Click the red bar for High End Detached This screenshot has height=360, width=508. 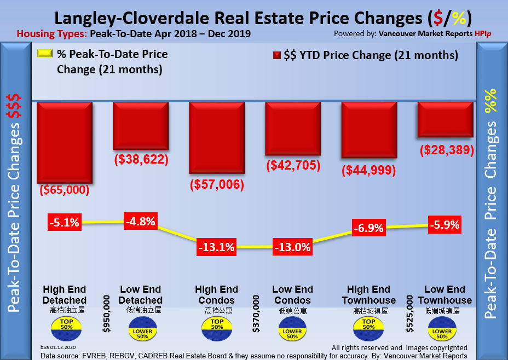[x=65, y=143]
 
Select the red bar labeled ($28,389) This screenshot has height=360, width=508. [x=446, y=120]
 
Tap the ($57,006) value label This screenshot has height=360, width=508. [x=216, y=185]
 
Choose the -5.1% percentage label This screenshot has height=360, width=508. [x=64, y=223]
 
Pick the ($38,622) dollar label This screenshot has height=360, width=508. [x=141, y=160]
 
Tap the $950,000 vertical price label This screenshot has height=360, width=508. [x=107, y=314]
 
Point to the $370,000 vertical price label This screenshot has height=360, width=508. [x=256, y=314]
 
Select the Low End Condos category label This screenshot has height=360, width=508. [x=293, y=294]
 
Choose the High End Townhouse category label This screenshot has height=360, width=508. [x=368, y=294]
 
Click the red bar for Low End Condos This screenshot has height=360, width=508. [x=293, y=129]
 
